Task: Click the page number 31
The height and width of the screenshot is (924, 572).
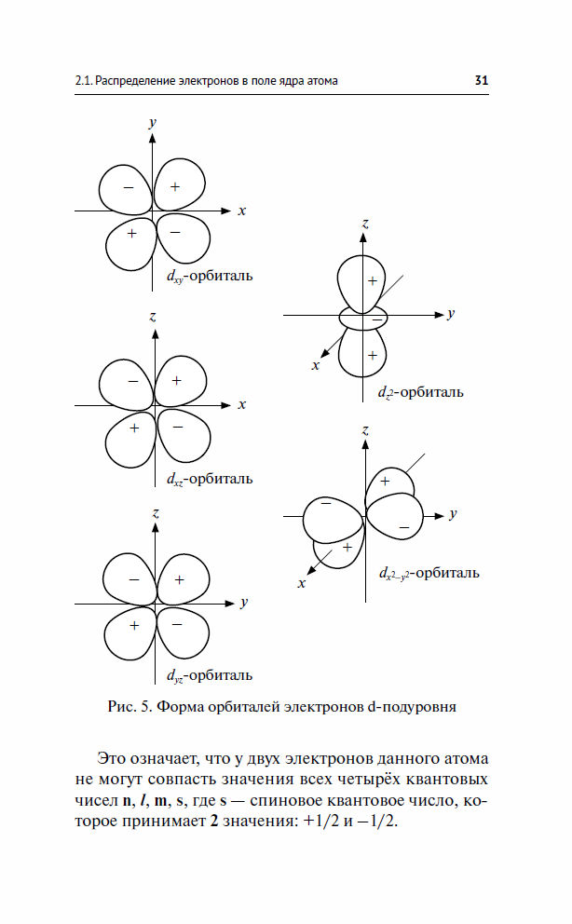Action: point(482,81)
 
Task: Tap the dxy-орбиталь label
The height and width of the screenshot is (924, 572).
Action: point(210,277)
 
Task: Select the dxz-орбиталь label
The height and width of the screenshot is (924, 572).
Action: point(210,479)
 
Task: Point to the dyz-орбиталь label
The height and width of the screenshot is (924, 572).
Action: point(210,676)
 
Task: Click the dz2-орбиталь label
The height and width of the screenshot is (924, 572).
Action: point(420,392)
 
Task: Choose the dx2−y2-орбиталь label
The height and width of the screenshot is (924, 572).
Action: point(429,574)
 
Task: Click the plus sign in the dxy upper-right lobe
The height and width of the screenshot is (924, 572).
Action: point(175,187)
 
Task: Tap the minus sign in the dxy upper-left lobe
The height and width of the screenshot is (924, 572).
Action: point(129,188)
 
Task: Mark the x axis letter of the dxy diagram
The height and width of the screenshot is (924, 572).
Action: point(241,211)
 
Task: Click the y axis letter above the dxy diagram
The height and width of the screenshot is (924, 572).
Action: point(153,123)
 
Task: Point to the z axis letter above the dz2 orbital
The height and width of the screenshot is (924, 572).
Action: point(365,224)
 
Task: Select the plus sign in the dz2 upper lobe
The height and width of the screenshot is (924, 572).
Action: point(373,281)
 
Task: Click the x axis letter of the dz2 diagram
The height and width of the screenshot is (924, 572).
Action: point(316,366)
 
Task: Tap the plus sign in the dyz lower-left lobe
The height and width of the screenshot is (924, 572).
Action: point(134,625)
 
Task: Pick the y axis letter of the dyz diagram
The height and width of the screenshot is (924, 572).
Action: point(244,603)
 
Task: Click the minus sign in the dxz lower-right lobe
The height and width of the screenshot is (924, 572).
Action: point(178,428)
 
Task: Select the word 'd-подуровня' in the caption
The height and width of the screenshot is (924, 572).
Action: point(412,707)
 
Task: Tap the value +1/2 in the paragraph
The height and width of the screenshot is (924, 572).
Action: point(321,822)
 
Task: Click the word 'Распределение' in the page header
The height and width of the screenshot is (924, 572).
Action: point(135,81)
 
